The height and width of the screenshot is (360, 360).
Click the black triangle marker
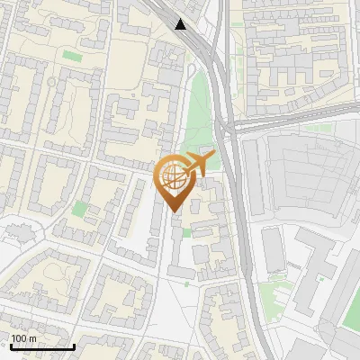pyautogui.click(x=182, y=23)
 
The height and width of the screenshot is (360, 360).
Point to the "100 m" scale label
pyautogui.click(x=23, y=338)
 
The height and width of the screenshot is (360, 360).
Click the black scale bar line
pyautogui.click(x=41, y=346)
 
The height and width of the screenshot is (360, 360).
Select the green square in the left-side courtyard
pyautogui.click(x=80, y=209)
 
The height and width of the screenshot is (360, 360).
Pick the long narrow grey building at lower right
pyautogui.click(x=274, y=249)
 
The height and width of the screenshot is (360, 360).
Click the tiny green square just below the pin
pyautogui.click(x=186, y=232)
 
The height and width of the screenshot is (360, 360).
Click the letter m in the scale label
pyautogui.click(x=32, y=338)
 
